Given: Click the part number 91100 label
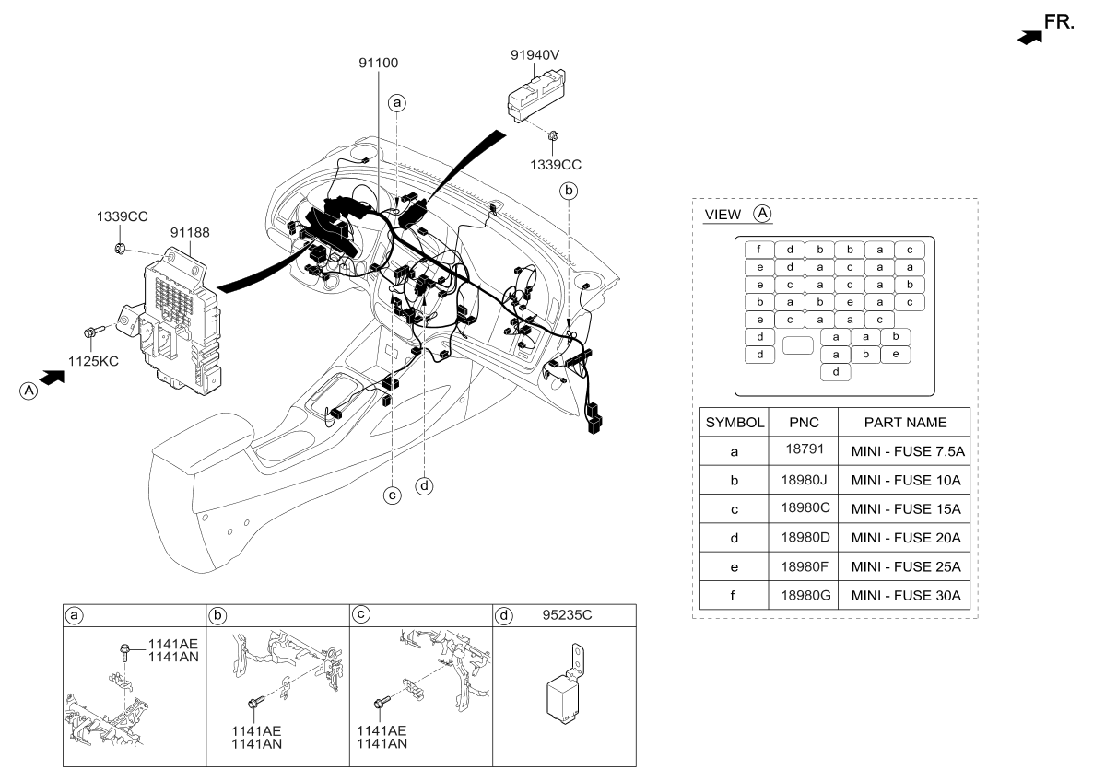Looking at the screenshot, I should pyautogui.click(x=377, y=63).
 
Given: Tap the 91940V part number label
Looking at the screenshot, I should pyautogui.click(x=536, y=54).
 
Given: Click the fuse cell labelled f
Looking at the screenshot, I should pyautogui.click(x=758, y=250).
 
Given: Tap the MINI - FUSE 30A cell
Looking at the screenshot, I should pyautogui.click(x=906, y=596).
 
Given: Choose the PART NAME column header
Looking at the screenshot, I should pyautogui.click(x=904, y=423).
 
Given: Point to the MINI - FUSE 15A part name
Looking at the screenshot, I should pyautogui.click(x=906, y=508).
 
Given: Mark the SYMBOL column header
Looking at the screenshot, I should pyautogui.click(x=735, y=423).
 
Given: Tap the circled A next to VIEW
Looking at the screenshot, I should pyautogui.click(x=761, y=214).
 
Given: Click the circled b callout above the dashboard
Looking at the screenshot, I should pyautogui.click(x=570, y=191).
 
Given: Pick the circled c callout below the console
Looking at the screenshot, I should pyautogui.click(x=392, y=495).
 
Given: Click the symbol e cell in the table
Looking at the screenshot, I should pyautogui.click(x=734, y=566).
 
